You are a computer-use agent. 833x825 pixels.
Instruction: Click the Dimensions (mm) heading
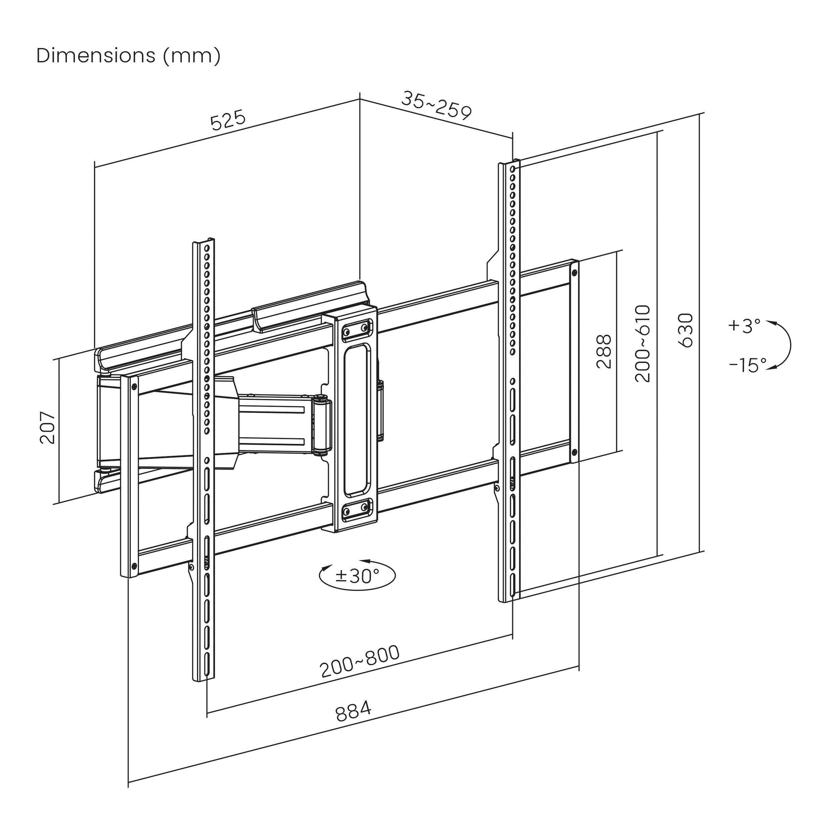click(x=129, y=56)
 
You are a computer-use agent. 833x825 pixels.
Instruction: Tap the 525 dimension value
click(x=228, y=120)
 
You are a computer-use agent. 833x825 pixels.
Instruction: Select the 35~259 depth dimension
click(x=436, y=106)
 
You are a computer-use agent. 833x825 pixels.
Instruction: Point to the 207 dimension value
click(x=47, y=428)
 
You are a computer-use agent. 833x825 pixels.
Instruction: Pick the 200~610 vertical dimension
click(x=643, y=343)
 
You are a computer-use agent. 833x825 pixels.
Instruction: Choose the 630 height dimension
click(x=686, y=330)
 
